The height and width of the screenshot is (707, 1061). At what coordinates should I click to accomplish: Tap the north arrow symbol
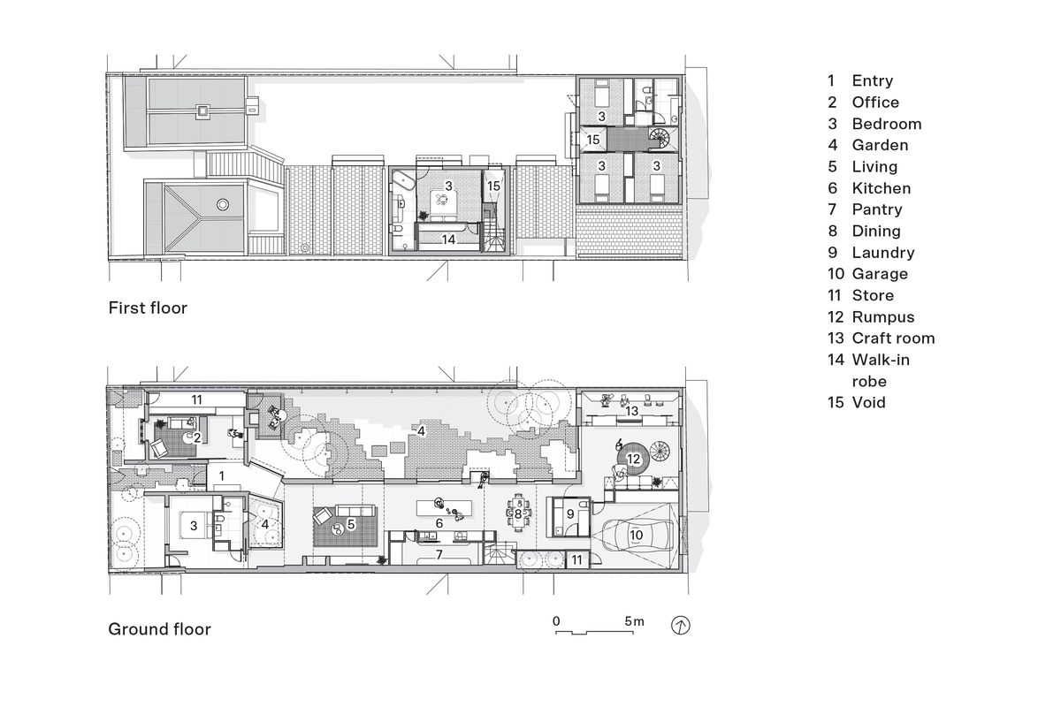tap(682, 626)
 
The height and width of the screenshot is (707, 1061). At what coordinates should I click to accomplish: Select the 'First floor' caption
tap(148, 308)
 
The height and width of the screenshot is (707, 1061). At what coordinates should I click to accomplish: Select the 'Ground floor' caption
tap(159, 629)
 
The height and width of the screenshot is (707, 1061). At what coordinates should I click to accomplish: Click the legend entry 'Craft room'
tap(892, 338)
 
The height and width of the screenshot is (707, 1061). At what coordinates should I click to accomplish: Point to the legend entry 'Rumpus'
tap(882, 316)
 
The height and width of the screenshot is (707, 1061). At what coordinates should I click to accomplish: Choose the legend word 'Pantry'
tap(877, 209)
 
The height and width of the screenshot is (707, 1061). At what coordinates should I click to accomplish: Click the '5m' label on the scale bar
tap(633, 622)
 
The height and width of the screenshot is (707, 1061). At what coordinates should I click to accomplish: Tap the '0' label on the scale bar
tap(556, 622)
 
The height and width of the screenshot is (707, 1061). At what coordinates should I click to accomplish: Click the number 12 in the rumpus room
tap(633, 459)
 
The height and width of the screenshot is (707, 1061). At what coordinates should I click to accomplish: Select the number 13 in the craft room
tap(631, 412)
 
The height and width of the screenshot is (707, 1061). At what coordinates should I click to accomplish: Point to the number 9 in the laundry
tap(569, 513)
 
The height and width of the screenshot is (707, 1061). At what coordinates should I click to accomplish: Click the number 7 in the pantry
tap(438, 554)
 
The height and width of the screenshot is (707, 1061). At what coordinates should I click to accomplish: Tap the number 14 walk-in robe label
tap(448, 239)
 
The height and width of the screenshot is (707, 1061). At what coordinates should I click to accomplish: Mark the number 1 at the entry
tap(223, 476)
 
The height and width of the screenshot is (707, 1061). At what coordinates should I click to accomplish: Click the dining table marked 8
tap(518, 513)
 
